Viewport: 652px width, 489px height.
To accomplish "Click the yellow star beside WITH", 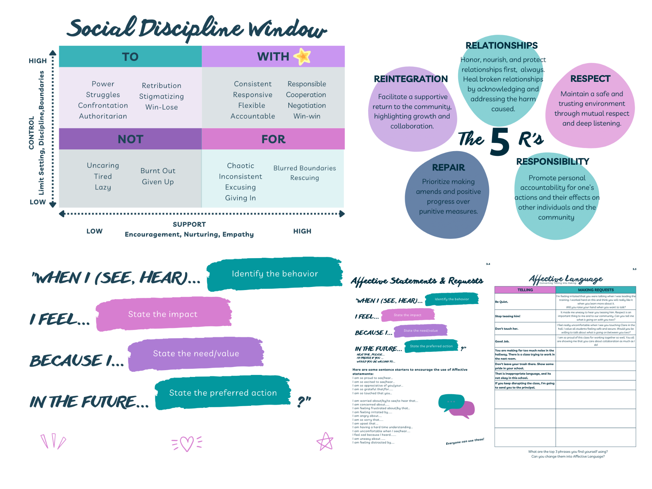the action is pyautogui.click(x=302, y=56).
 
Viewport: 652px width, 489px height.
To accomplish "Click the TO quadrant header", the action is pyautogui.click(x=130, y=57).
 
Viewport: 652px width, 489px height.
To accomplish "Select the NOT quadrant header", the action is pyautogui.click(x=130, y=139).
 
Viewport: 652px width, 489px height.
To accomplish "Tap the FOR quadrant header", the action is pyautogui.click(x=273, y=139).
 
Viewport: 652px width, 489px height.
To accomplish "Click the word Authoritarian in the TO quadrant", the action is pyautogui.click(x=103, y=116).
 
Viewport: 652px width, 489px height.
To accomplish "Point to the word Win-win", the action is pyautogui.click(x=307, y=116).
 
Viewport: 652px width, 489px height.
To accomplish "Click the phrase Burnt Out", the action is pyautogui.click(x=158, y=171).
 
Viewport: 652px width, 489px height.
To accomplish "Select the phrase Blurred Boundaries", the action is pyautogui.click(x=305, y=168).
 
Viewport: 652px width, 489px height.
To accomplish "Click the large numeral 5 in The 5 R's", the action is pyautogui.click(x=500, y=142).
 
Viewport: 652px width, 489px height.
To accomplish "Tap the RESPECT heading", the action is pyautogui.click(x=590, y=79).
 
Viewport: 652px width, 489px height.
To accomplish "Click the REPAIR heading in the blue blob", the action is pyautogui.click(x=448, y=167).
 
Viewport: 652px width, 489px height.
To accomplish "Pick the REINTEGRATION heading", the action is pyautogui.click(x=411, y=79).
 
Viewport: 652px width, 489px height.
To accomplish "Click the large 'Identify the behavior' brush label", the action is pyautogui.click(x=275, y=274).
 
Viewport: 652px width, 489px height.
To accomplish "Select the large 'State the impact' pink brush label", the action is pyautogui.click(x=163, y=314).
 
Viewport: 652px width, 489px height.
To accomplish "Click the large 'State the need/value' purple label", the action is pyautogui.click(x=196, y=354).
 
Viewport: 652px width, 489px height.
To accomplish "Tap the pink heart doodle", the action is pyautogui.click(x=187, y=443).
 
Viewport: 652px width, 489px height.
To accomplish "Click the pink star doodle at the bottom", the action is pyautogui.click(x=325, y=442).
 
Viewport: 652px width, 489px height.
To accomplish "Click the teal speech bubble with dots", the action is pyautogui.click(x=451, y=402).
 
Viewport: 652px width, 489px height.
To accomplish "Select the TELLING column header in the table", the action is pyautogui.click(x=525, y=290).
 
